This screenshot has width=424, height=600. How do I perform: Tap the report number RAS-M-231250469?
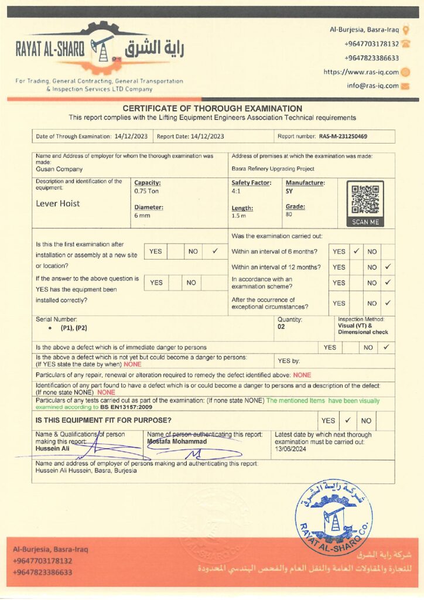click(343, 137)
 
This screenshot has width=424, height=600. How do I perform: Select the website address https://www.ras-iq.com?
click(361, 72)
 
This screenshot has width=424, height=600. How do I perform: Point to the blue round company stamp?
click(333, 517)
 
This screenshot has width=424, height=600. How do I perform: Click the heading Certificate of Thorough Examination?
click(212, 108)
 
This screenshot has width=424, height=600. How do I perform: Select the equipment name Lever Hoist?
click(58, 203)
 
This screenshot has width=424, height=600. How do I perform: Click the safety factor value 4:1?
click(235, 191)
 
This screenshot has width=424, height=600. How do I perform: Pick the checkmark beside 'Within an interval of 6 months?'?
click(356, 251)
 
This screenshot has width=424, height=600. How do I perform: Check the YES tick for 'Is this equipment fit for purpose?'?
click(347, 420)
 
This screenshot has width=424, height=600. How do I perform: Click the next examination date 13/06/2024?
click(291, 449)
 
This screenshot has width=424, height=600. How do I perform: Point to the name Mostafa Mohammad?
click(176, 441)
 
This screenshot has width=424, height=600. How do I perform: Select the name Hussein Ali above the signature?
click(52, 448)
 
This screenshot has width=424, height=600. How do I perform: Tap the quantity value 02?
click(282, 327)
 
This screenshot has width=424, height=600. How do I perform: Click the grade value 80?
click(289, 214)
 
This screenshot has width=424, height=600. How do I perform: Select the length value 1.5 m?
click(238, 216)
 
